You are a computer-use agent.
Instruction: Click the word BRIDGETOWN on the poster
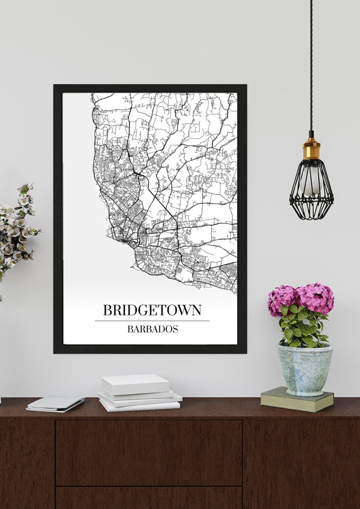(152, 310)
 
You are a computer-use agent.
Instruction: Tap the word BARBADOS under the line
(152, 329)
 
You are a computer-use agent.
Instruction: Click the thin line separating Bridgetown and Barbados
(152, 321)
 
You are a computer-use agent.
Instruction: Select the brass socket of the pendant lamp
(311, 149)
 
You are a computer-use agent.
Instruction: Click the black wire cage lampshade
(311, 191)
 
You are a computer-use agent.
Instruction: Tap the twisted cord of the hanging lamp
(311, 64)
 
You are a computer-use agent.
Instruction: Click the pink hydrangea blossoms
(301, 297)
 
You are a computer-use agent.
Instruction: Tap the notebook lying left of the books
(55, 403)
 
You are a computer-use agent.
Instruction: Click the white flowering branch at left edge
(17, 229)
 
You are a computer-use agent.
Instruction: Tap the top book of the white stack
(135, 383)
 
